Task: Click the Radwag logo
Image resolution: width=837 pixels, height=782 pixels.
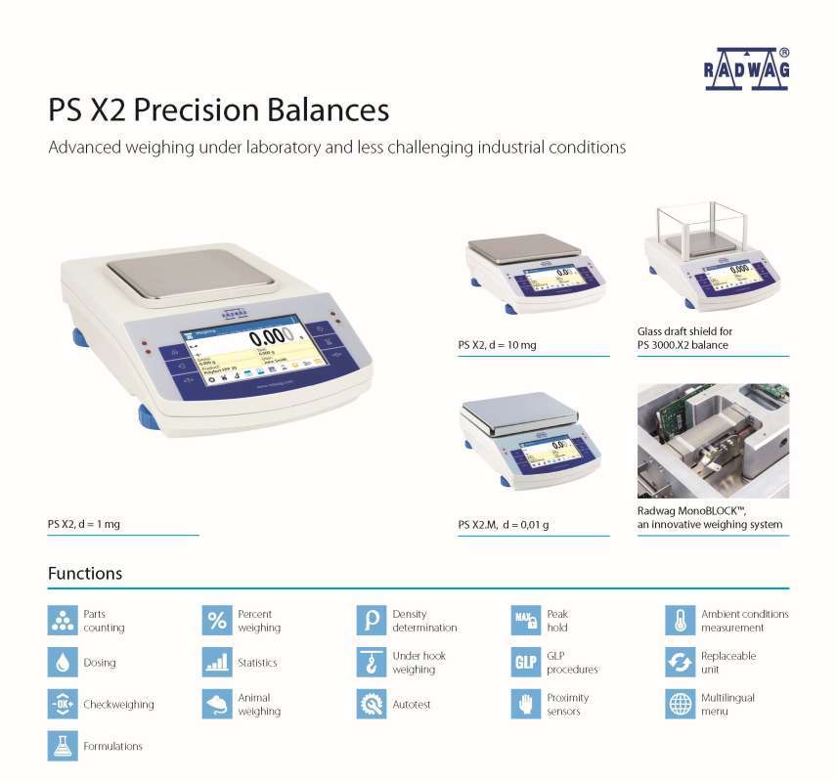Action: (x=747, y=68)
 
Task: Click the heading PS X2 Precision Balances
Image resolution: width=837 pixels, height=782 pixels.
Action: (x=218, y=109)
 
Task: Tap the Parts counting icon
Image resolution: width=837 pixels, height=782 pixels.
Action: (x=63, y=621)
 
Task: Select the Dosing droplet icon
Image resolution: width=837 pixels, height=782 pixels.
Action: (x=63, y=663)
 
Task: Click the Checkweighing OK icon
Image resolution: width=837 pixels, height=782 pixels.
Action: (x=63, y=705)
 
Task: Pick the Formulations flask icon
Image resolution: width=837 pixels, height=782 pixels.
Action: (x=63, y=746)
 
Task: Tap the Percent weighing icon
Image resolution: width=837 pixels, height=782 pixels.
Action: (x=217, y=621)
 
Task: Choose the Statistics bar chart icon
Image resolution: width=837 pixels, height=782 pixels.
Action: (x=217, y=663)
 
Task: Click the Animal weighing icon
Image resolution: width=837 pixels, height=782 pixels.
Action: (x=217, y=705)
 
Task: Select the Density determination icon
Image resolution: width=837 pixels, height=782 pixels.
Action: (x=372, y=621)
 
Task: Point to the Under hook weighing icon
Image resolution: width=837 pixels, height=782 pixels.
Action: (x=372, y=663)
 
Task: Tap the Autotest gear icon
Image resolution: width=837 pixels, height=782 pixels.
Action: (x=372, y=705)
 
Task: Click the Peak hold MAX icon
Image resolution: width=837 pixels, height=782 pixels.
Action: (x=526, y=621)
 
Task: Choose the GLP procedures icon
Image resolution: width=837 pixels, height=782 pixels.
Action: (x=526, y=663)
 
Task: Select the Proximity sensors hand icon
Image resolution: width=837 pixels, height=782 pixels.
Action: (x=526, y=705)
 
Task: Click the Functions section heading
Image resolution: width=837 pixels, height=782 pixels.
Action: (x=85, y=574)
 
